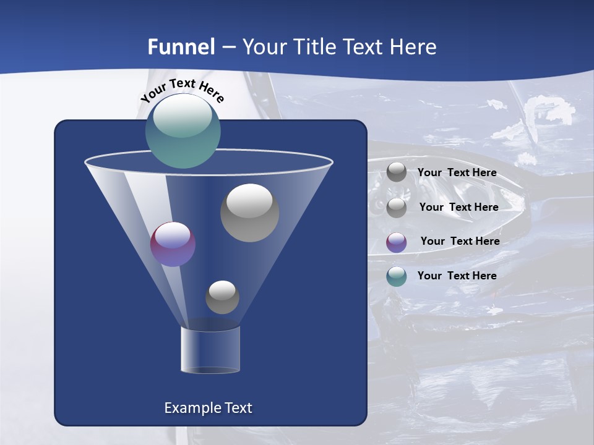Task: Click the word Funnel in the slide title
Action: (x=181, y=47)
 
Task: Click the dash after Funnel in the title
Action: (x=228, y=48)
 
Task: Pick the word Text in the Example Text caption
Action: (x=236, y=408)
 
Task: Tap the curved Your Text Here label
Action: (x=182, y=90)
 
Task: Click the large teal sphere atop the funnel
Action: (x=183, y=131)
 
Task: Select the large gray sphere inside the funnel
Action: (x=249, y=213)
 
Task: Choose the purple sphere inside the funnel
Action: (x=173, y=244)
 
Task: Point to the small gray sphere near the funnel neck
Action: (x=222, y=297)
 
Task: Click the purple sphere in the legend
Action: (x=397, y=242)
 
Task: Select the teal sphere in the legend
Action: (x=397, y=276)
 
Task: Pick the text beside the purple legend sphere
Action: (x=460, y=241)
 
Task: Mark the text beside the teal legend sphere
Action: (x=457, y=276)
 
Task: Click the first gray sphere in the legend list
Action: (x=397, y=172)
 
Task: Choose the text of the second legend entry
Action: (x=458, y=207)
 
